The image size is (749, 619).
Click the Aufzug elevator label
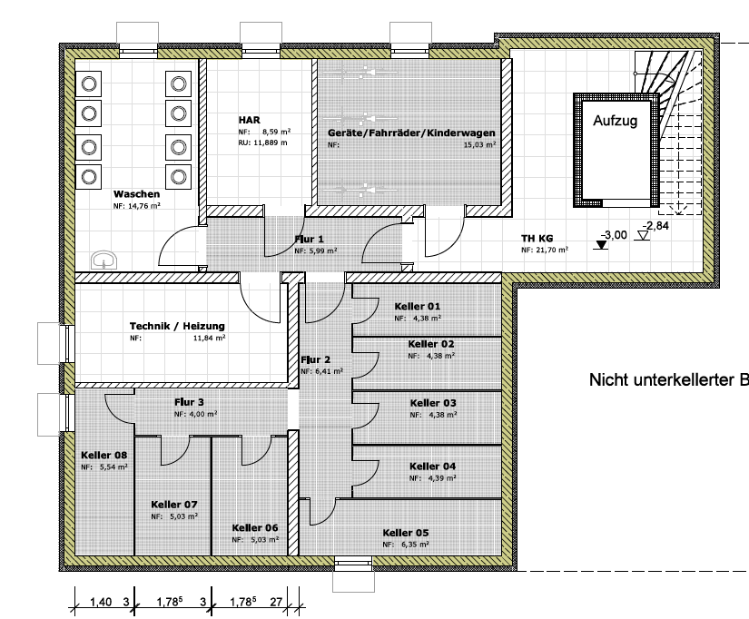616,120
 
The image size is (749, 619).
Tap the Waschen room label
137,194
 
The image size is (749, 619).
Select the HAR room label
250,120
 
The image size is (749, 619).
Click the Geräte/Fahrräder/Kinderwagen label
411,132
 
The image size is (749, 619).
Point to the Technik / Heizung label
177,326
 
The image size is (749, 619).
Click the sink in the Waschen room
105,260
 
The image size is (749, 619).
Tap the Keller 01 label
417,307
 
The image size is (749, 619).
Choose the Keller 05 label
406,533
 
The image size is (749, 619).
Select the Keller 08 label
103,455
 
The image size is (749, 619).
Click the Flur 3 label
189,402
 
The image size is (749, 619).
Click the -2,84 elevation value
656,225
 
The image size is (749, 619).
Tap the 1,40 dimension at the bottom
100,601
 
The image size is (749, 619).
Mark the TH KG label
537,240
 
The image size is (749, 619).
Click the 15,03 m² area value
479,144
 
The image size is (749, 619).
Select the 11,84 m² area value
209,338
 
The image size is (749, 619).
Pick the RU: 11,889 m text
262,142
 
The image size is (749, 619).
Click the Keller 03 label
433,403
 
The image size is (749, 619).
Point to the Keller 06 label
254,527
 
